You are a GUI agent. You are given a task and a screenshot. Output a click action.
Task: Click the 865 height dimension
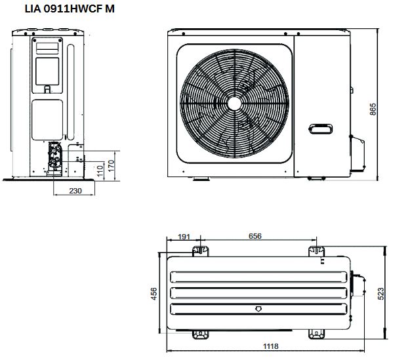372,109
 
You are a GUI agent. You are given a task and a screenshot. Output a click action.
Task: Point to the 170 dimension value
112,163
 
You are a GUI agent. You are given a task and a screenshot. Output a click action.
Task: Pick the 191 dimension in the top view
184,236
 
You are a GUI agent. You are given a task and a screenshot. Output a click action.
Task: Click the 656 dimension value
255,236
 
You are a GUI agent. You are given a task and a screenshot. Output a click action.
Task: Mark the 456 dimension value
154,294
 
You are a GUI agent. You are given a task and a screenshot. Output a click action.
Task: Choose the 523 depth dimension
381,294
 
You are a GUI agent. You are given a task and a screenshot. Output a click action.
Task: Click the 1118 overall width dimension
271,346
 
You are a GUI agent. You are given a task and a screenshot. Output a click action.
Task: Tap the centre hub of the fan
236,104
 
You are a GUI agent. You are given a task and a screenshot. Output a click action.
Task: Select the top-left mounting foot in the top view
200,250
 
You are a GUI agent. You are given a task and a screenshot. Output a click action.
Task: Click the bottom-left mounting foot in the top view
200,334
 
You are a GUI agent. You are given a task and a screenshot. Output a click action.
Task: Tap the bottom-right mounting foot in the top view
317,334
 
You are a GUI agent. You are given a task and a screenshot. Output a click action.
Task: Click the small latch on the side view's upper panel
47,88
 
